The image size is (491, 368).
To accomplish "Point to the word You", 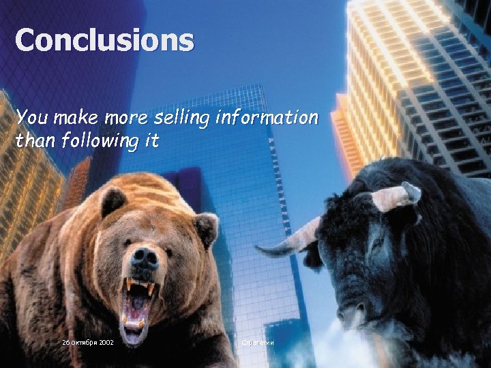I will pyautogui.click(x=30, y=119).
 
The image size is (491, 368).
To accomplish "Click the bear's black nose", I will pyautogui.click(x=145, y=256).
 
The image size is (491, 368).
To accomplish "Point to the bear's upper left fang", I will pyautogui.click(x=128, y=283).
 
